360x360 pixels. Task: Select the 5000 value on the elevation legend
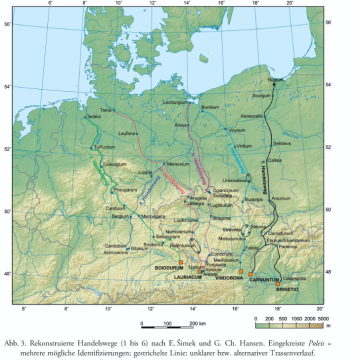click(x=325, y=298)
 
